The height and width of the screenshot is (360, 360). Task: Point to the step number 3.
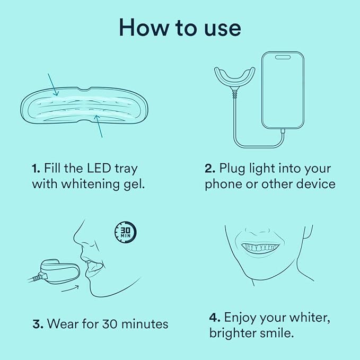[x=37, y=323]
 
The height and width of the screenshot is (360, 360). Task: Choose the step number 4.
[x=214, y=318]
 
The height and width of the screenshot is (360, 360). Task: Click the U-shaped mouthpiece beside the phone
[x=234, y=80]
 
